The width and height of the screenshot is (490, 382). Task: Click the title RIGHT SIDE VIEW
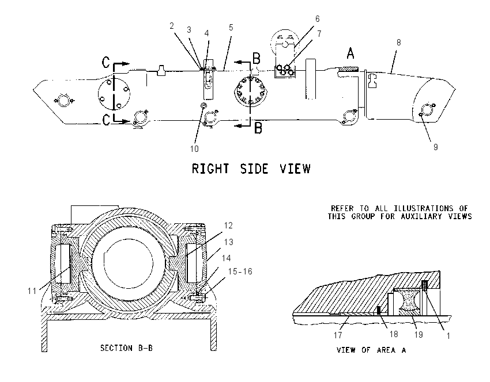coord(251,169)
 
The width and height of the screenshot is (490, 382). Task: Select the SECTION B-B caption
coord(127,348)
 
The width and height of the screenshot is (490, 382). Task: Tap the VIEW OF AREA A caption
coord(371,350)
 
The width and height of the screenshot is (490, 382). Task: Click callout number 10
coord(194,149)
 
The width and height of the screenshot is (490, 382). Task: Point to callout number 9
coord(436,147)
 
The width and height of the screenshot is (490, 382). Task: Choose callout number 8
coord(398,43)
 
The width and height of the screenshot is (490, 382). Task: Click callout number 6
coord(317,19)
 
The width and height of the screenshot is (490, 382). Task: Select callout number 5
coord(231,28)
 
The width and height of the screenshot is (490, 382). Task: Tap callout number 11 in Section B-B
coord(32,291)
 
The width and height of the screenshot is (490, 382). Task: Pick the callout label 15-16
coord(240,272)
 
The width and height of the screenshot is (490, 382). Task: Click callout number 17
coord(338,335)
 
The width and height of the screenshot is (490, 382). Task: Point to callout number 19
coord(419,335)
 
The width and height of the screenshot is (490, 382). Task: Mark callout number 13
coord(228,242)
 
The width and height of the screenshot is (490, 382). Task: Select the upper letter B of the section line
coord(257,58)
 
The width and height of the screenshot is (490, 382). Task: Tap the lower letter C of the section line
coord(106,120)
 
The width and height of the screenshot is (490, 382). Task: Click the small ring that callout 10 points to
coord(203,105)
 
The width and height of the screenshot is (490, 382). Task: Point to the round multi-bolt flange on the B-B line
coord(251,91)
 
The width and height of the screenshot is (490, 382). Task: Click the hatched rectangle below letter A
coord(350,68)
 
